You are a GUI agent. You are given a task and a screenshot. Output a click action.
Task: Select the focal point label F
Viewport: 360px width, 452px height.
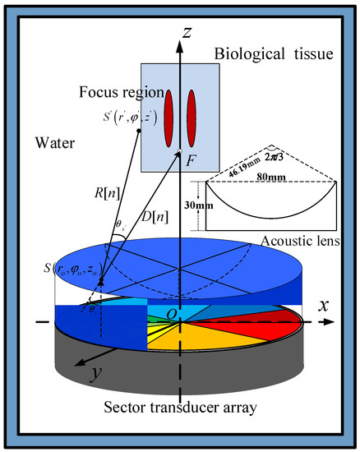pos(190,162)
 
